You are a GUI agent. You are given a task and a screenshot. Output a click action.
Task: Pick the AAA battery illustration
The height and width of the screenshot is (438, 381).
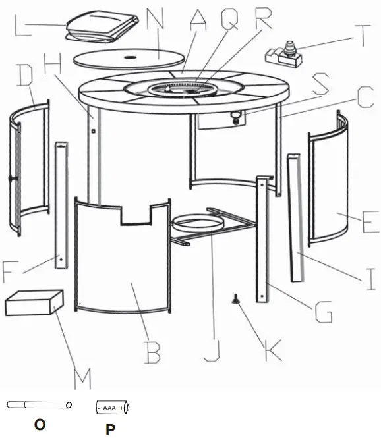point(113,407)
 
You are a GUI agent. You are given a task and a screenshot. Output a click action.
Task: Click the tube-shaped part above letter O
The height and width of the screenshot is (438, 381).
point(39,405)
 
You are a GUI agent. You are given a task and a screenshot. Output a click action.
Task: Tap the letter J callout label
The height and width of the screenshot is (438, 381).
point(212,350)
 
